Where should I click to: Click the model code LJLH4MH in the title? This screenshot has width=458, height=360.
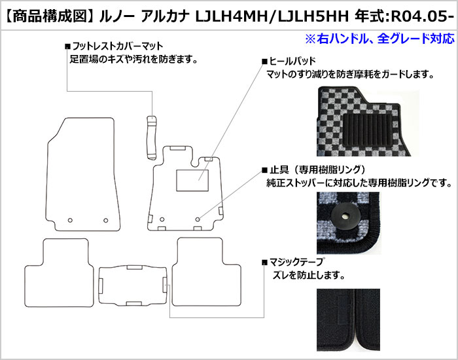click(232, 17)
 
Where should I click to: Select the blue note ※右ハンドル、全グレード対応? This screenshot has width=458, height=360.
click(379, 39)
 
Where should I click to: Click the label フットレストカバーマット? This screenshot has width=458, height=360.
click(117, 46)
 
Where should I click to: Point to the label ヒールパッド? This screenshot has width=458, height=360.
click(292, 61)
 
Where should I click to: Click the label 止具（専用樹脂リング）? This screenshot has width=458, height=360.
click(317, 170)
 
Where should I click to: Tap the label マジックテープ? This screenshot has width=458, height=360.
click(296, 262)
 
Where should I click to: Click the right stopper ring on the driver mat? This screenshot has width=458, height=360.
click(198, 219)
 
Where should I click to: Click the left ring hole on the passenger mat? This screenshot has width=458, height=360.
click(70, 220)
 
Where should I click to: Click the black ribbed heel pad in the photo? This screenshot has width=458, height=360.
click(367, 130)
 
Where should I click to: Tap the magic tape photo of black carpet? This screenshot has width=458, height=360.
click(349, 320)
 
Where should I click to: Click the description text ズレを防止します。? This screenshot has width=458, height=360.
click(308, 276)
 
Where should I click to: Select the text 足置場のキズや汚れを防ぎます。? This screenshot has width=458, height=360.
click(133, 60)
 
